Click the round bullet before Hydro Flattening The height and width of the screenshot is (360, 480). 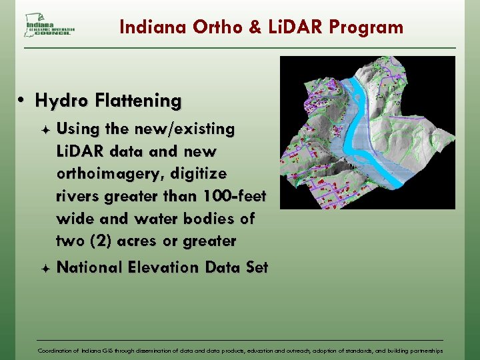click(22, 101)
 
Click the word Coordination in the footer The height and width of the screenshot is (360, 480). click(58, 350)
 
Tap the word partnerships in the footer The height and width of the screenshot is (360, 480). click(423, 350)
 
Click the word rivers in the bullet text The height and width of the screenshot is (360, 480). click(78, 197)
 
